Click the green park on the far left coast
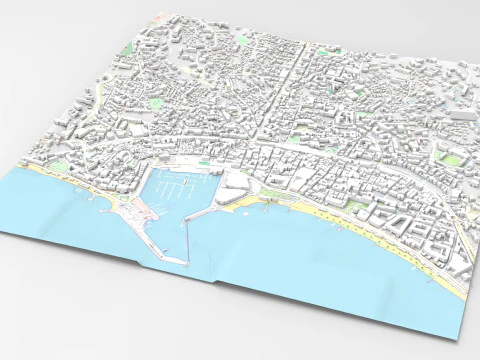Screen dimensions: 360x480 tap(60, 166)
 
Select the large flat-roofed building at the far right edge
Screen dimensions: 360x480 tap(462, 116)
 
